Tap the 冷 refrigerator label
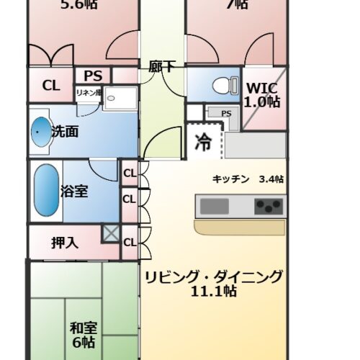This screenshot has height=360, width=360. [203, 142]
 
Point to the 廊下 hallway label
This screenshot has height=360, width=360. [162, 66]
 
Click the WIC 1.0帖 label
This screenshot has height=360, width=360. [263, 94]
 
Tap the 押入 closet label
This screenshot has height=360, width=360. [65, 242]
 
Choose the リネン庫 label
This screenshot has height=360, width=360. [89, 92]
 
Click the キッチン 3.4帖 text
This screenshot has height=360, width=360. [248, 179]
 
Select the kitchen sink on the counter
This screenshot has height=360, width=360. [214, 207]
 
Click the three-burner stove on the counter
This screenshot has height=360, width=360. [268, 207]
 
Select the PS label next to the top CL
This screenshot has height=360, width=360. [93, 75]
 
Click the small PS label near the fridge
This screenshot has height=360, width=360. [226, 113]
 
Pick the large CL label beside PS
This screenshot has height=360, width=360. [50, 85]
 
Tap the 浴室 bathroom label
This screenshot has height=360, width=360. [75, 192]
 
